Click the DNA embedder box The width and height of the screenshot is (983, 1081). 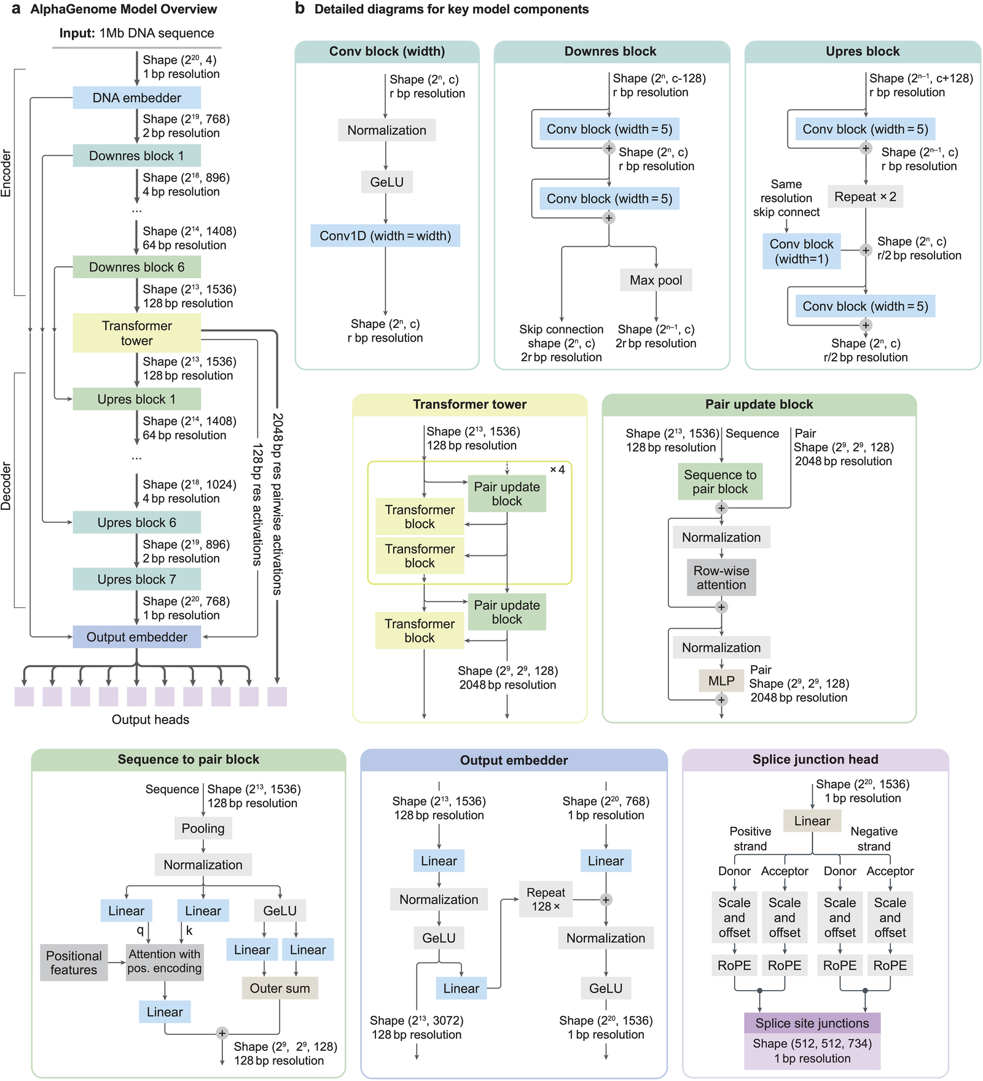point(136,98)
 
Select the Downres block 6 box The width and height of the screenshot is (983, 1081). point(136,267)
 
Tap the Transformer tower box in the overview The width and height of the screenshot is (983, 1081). point(136,333)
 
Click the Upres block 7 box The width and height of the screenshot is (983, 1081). point(136,579)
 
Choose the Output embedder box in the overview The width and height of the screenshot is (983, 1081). point(136,637)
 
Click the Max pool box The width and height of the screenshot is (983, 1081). point(656,280)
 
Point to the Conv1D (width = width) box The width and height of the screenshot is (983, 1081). point(385,236)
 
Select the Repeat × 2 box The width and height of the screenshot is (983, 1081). point(865,197)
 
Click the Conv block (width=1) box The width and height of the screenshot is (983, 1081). point(801,251)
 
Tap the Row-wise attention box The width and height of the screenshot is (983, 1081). point(721,577)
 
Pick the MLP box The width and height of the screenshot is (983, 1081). point(721,681)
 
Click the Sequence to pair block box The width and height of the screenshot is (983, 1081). point(720,482)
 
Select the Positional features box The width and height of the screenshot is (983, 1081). point(74,962)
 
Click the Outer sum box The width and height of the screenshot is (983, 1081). point(280,988)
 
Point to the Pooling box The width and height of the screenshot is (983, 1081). point(203,829)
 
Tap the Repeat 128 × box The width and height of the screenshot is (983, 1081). point(546,899)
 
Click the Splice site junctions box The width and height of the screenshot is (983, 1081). point(812,1023)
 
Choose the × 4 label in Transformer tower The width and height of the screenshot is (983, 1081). point(557,470)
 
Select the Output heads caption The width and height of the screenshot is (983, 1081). point(151,719)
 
